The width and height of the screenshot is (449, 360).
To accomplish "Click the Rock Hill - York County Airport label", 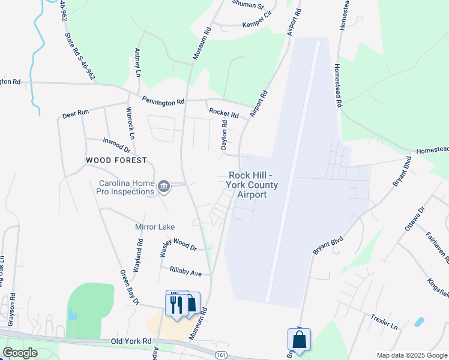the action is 252,185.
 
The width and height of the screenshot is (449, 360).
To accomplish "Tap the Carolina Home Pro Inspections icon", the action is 163,187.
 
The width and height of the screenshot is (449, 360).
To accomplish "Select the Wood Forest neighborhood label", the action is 116,160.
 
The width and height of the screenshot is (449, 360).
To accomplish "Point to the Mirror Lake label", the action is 155,227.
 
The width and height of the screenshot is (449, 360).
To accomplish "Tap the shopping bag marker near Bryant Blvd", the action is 299,340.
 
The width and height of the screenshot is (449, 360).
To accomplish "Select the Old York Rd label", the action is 130,341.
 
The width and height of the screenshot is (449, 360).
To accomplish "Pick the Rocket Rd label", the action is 224,112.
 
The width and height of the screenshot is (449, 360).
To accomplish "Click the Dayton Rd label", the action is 224,135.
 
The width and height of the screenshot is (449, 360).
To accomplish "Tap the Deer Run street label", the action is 76,113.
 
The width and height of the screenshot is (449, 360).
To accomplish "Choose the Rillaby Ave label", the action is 185,272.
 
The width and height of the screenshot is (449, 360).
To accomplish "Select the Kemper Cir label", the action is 257,25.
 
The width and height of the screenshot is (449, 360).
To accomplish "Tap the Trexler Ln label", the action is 384,321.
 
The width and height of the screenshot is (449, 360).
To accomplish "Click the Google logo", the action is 20,353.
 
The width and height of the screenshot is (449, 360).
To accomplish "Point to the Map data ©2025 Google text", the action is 411,355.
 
